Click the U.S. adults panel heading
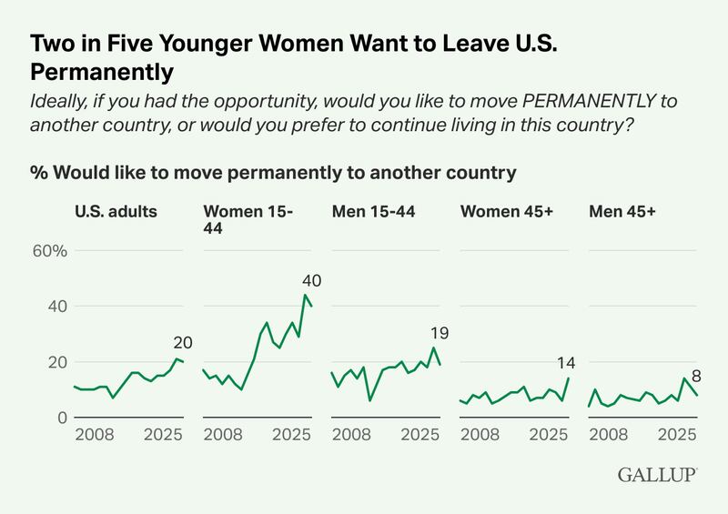(116, 212)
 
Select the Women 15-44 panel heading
(248, 220)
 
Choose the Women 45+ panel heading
(505, 212)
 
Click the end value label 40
(312, 279)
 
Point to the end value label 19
(440, 333)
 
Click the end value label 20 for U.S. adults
(183, 343)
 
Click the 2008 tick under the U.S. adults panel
(95, 438)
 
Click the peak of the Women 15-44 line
(306, 295)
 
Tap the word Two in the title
(51, 43)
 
